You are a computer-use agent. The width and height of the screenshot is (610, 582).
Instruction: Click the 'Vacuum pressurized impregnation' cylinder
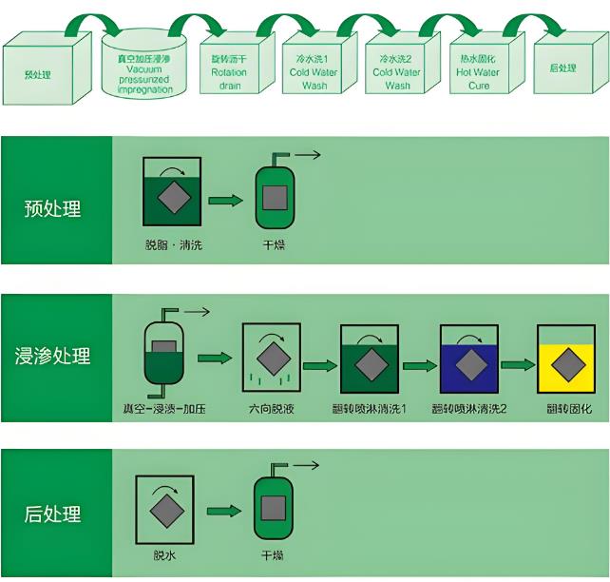tap(145, 68)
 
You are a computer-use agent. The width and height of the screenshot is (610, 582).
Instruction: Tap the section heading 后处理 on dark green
tap(53, 514)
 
